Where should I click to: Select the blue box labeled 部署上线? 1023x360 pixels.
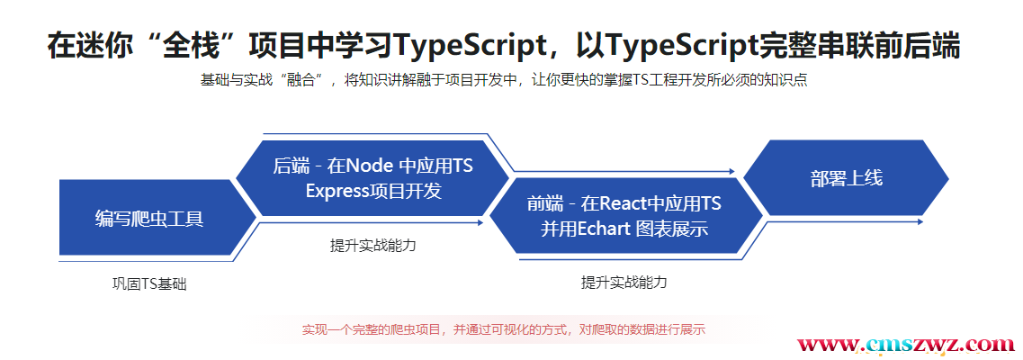846,177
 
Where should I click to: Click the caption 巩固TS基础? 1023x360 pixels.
149,284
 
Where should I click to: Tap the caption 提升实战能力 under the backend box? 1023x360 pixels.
373,246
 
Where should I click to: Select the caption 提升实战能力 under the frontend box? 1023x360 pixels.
624,283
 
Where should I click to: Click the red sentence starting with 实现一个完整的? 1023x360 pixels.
504,329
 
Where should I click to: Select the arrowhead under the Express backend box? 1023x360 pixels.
480,222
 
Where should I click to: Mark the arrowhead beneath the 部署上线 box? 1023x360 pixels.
920,221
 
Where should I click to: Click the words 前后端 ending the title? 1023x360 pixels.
917,46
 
